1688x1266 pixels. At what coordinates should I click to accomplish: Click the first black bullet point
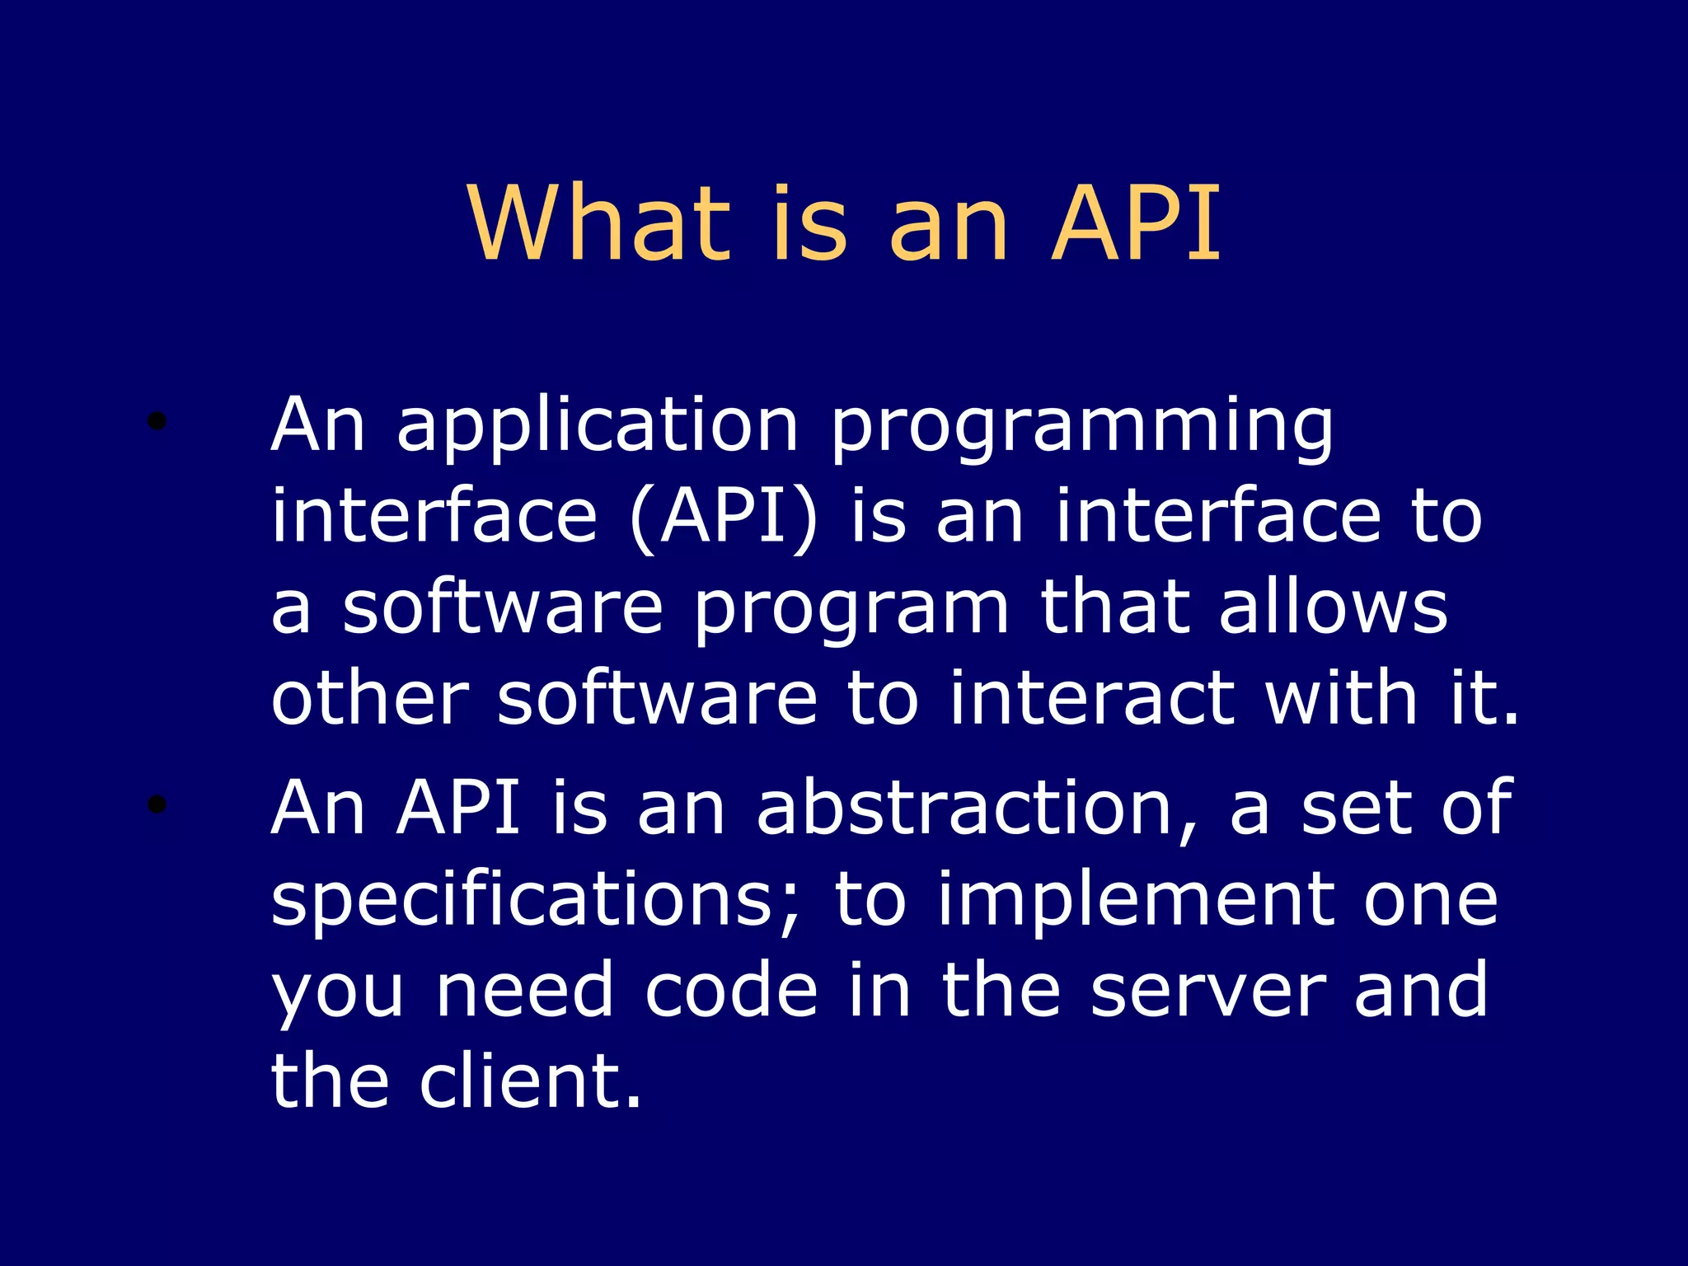click(x=157, y=423)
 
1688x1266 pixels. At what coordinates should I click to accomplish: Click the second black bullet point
click(x=157, y=804)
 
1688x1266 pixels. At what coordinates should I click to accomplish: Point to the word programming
click(x=1081, y=429)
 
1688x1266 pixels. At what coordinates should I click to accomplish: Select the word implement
click(x=1135, y=900)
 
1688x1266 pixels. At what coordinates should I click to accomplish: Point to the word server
click(x=1207, y=990)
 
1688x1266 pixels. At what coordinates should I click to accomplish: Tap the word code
click(x=731, y=990)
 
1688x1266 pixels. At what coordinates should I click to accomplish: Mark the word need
click(x=524, y=990)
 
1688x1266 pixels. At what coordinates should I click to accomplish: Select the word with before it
click(x=1341, y=699)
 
